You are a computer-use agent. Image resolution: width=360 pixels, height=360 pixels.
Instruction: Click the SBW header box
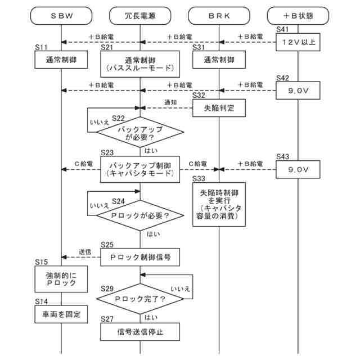click(61, 16)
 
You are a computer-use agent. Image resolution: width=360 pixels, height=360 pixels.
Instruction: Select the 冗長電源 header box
click(140, 16)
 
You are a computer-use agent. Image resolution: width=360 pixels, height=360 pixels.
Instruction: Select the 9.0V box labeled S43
click(298, 168)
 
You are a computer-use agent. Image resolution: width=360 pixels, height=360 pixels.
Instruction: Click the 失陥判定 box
click(219, 107)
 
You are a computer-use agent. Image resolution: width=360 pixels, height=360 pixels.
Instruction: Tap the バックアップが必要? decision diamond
click(140, 133)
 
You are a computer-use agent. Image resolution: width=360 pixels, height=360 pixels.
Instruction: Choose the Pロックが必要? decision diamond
click(140, 215)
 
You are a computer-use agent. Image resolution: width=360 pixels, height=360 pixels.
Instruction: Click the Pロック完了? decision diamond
click(140, 299)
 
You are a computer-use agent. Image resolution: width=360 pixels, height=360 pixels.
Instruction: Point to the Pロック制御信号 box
click(140, 256)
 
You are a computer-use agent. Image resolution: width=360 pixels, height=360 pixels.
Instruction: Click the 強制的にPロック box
click(61, 279)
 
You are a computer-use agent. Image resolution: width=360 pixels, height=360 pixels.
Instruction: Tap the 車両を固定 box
click(61, 314)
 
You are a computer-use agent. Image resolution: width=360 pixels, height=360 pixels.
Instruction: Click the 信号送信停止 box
click(140, 332)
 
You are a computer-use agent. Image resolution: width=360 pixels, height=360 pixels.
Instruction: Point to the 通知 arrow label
click(170, 102)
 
